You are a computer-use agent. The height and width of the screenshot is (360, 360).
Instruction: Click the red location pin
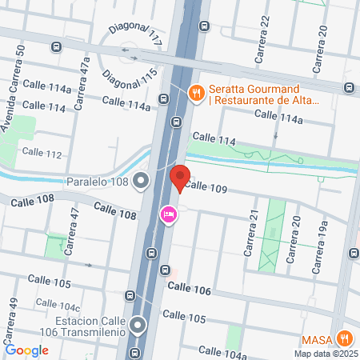coord(180,178)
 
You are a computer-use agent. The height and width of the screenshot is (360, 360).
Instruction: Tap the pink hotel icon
coord(169,214)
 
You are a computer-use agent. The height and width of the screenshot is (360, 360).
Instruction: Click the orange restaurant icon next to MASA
coord(346,338)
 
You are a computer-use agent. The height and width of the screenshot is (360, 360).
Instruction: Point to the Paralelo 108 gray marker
coord(142,181)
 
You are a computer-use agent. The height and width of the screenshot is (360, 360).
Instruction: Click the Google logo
coord(26,350)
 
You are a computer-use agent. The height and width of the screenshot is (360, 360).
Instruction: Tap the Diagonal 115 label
coord(128,78)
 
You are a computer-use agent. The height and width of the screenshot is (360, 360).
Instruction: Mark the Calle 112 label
coord(42,152)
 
